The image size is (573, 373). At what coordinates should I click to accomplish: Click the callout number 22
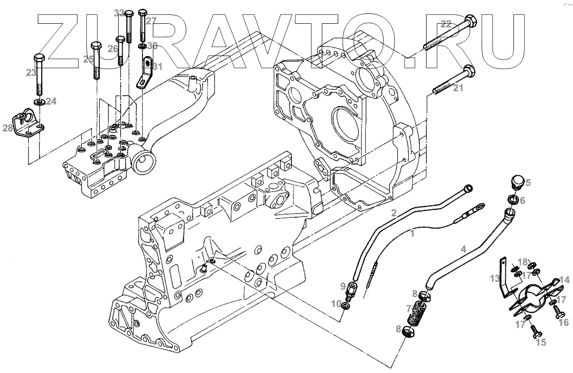446,23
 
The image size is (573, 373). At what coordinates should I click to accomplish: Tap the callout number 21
458,88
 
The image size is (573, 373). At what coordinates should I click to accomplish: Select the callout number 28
8,129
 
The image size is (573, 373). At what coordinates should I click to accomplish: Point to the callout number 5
528,183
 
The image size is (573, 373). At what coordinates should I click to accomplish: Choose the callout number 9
342,286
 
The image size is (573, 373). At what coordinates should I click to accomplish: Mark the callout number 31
157,66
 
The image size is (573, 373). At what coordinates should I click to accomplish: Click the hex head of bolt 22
470,22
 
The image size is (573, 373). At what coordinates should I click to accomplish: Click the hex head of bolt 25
96,49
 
